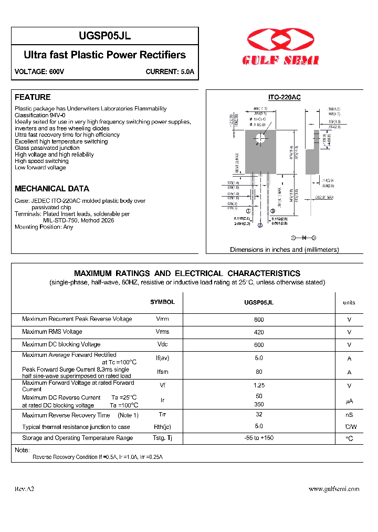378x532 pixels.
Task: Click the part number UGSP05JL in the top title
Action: [x=105, y=36]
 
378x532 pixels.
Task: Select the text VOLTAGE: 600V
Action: [x=39, y=71]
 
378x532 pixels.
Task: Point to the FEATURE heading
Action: [x=33, y=97]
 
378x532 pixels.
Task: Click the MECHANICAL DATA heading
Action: [x=52, y=189]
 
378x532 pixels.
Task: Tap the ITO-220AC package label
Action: [x=285, y=98]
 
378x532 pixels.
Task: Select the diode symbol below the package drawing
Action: [x=303, y=238]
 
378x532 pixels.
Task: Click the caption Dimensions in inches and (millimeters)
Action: [x=284, y=250]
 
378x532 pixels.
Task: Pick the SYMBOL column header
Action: [x=162, y=302]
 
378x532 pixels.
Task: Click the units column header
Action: [x=349, y=303]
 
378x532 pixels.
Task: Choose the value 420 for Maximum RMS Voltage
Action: [x=258, y=332]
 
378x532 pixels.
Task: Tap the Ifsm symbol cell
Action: [x=162, y=372]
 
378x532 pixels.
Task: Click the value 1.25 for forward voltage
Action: [x=258, y=385]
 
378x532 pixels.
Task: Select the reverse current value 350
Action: [x=258, y=405]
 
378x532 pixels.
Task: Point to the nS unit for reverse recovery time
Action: [x=349, y=416]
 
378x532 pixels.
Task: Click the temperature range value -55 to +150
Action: [x=258, y=438]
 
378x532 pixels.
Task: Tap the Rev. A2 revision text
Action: [x=24, y=489]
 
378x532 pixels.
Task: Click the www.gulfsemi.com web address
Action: [x=334, y=489]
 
